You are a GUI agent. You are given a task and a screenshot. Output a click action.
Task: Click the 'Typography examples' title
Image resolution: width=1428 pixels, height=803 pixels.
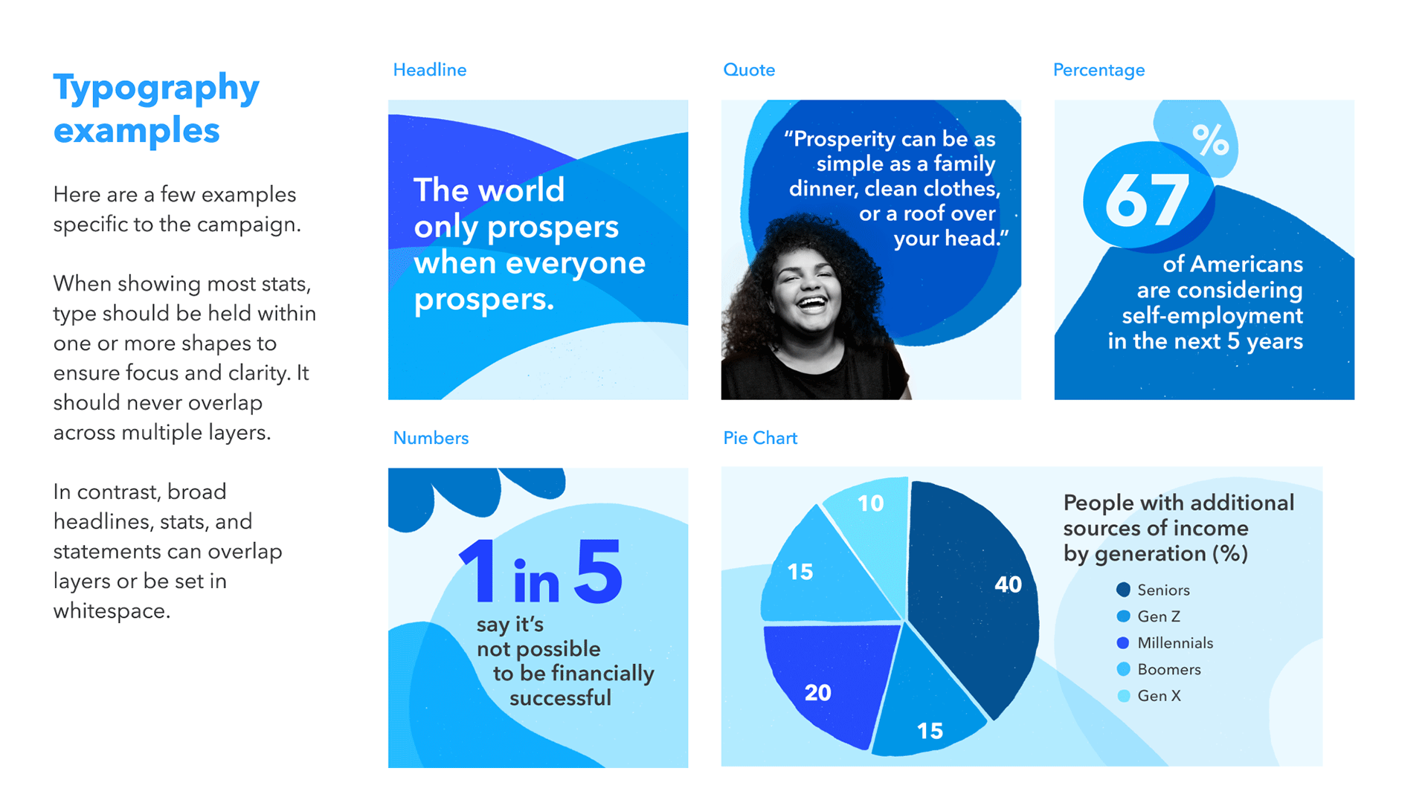pos(156,109)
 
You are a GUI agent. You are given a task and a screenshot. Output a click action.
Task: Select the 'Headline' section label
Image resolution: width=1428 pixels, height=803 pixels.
pos(430,70)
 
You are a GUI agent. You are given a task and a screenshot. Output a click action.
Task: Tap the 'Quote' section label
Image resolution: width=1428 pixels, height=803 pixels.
pos(749,70)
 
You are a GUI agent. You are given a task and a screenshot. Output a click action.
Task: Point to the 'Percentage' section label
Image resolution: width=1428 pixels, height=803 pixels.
pos(1099,71)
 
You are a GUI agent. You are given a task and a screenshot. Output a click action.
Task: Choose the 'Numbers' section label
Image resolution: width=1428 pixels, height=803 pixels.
pos(431,438)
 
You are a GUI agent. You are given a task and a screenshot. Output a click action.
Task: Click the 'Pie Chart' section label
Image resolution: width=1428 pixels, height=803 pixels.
pos(760,438)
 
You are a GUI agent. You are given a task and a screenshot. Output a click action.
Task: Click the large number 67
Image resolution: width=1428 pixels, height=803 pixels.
pos(1147,201)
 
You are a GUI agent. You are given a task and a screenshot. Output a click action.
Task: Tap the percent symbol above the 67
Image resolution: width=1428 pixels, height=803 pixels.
pos(1210,140)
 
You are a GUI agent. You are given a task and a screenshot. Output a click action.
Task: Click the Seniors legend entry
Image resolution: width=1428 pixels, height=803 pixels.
pos(1154,590)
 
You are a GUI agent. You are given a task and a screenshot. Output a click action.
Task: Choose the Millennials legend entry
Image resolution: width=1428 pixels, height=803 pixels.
pos(1165,642)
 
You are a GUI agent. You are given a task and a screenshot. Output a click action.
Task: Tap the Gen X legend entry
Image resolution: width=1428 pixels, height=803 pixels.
pos(1149,696)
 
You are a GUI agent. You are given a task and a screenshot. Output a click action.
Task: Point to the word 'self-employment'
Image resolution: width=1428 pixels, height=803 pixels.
pos(1212,315)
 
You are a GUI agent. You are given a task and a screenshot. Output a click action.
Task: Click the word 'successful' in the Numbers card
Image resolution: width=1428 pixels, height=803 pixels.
pos(560,697)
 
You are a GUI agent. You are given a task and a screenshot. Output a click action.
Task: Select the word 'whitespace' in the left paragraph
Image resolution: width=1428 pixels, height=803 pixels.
pos(112,611)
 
